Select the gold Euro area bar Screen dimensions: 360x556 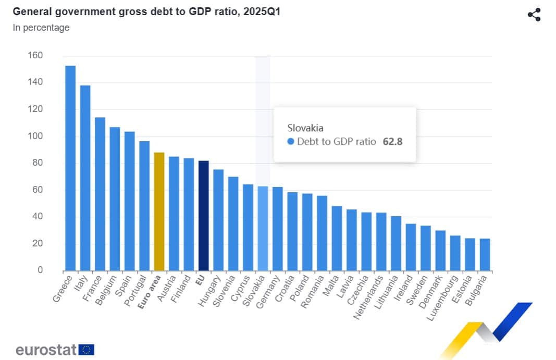159,211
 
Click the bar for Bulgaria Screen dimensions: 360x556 485,254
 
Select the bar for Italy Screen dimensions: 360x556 85,178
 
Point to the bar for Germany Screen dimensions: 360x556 278,229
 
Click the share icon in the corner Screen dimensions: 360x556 534,15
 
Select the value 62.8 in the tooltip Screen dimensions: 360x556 392,142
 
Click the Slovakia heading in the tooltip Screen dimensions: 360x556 305,128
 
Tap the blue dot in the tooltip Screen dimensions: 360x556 291,142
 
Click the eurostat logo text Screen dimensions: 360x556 46,349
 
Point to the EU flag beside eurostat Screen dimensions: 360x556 87,350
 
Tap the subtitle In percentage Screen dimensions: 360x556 41,28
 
